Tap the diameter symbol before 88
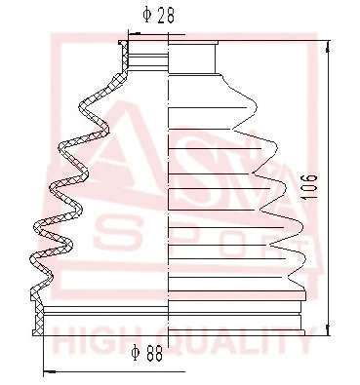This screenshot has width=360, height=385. point(138,356)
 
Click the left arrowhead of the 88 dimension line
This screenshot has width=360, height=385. point(48,371)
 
